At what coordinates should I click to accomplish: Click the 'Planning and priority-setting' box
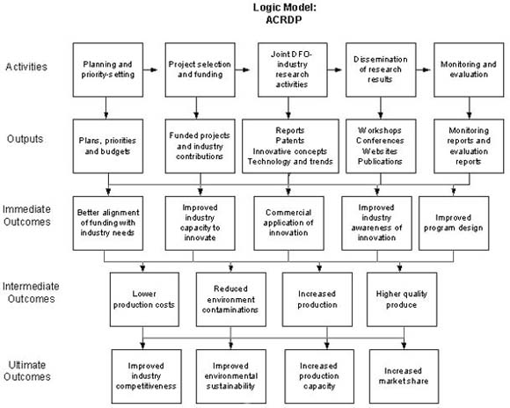(x=108, y=69)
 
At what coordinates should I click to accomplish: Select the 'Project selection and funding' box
(x=200, y=69)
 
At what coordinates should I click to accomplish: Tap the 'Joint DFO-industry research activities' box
(x=293, y=69)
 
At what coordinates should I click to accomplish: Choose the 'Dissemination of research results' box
(x=381, y=69)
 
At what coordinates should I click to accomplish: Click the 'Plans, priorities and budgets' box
(x=108, y=146)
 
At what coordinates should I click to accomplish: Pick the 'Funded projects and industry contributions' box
(x=200, y=146)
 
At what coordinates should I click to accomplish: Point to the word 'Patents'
(x=290, y=141)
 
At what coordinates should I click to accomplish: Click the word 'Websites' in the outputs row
(x=380, y=151)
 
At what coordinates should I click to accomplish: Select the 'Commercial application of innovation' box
(x=288, y=223)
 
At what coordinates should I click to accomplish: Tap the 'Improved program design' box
(x=454, y=223)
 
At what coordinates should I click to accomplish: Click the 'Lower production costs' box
(x=144, y=299)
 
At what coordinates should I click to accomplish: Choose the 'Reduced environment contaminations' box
(x=231, y=299)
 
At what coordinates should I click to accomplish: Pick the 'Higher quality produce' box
(x=402, y=299)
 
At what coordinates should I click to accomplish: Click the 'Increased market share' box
(x=404, y=376)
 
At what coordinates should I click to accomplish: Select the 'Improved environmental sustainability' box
(x=231, y=376)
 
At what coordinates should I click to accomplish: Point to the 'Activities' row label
(x=26, y=67)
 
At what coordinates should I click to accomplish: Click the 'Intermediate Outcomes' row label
(x=31, y=293)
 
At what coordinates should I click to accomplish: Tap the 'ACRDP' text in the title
(x=284, y=20)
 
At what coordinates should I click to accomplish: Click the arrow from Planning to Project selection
(x=150, y=69)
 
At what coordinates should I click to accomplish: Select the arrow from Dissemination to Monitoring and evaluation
(x=424, y=69)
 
